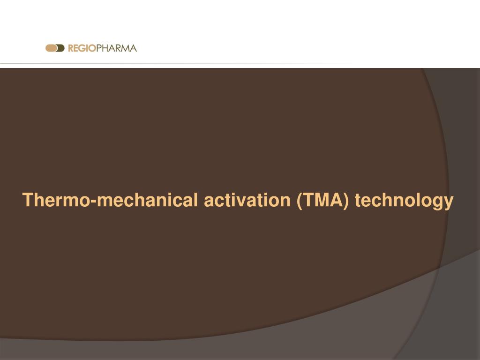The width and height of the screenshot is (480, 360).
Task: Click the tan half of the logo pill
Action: [50, 48]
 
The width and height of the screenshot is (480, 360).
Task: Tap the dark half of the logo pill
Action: [60, 48]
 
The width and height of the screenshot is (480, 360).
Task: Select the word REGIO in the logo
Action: [82, 48]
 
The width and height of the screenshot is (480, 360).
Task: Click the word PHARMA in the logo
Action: [116, 48]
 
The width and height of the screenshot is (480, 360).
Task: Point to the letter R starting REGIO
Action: [71, 48]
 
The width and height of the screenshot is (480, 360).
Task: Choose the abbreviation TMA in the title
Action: [323, 200]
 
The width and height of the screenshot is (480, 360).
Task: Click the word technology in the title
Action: [404, 201]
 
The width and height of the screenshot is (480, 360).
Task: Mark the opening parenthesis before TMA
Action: [299, 201]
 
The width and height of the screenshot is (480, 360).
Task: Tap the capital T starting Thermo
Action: [28, 200]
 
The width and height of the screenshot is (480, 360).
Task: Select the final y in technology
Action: [449, 202]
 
